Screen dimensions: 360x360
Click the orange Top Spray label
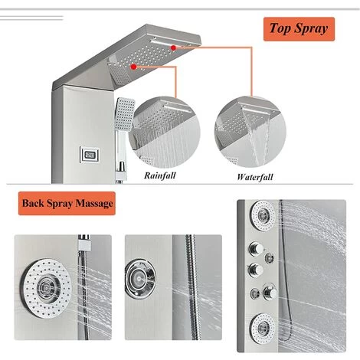coord(299,29)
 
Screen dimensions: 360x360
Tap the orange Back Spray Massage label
coord(67,203)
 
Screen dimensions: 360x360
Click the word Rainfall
coord(160,175)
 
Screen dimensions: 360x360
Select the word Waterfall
coord(255,177)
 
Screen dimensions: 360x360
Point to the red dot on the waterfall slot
coord(173,47)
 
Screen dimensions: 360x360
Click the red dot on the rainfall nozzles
coord(133,67)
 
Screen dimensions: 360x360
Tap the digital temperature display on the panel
coord(89,155)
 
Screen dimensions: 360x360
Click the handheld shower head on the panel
coord(125,113)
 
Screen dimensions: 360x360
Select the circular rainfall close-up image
coord(165,132)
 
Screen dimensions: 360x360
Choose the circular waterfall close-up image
coord(250,132)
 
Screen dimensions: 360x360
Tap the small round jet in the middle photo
coord(140,279)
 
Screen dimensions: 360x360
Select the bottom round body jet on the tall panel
coord(263,328)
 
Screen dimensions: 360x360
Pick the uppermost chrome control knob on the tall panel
coord(255,249)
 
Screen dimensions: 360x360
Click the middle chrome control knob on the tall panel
coord(255,270)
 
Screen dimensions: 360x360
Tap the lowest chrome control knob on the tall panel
coord(270,292)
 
